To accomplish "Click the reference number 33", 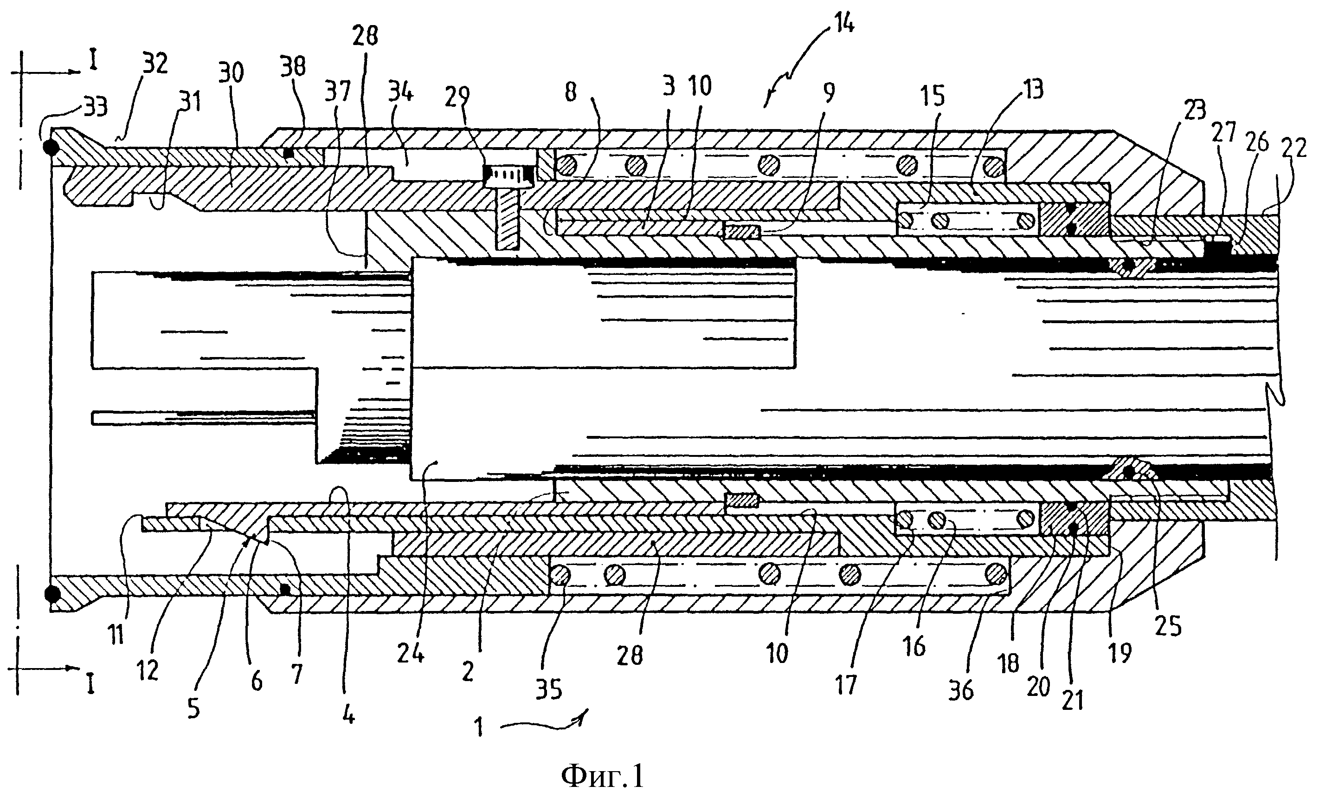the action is pos(95,108).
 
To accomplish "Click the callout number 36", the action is pos(960,691).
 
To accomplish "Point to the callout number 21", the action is pos(1072,700).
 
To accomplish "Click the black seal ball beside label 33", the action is pos(51,147).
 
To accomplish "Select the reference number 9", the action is pos(828,93).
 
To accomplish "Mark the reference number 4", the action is pos(348,714).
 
